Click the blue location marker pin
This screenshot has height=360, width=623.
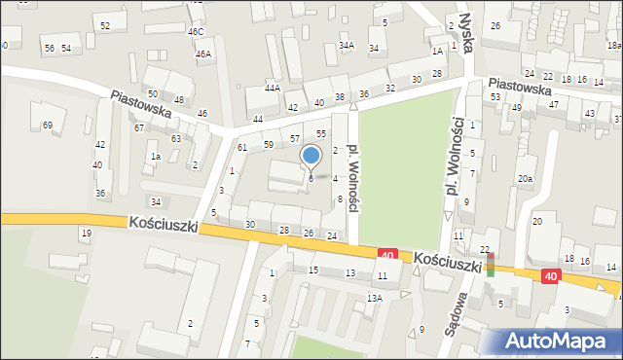(x=311, y=156)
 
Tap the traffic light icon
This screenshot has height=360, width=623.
(x=492, y=265)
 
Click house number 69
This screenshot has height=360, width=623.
(x=47, y=126)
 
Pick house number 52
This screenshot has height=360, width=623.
(x=105, y=25)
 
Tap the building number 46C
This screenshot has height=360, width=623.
(x=196, y=32)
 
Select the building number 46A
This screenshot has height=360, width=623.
(x=202, y=54)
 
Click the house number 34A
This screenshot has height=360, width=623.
(x=346, y=46)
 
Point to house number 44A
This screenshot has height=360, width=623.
(x=272, y=89)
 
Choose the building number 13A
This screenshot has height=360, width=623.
(x=375, y=298)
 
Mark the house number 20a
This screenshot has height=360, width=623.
(x=525, y=179)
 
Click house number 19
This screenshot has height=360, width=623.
(x=86, y=233)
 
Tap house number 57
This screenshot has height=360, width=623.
(x=295, y=139)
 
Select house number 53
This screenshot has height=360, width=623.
(x=495, y=97)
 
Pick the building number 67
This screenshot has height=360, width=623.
(x=139, y=128)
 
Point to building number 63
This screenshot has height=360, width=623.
(x=176, y=139)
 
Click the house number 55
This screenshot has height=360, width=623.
(x=320, y=133)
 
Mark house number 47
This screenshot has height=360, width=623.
(x=553, y=104)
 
